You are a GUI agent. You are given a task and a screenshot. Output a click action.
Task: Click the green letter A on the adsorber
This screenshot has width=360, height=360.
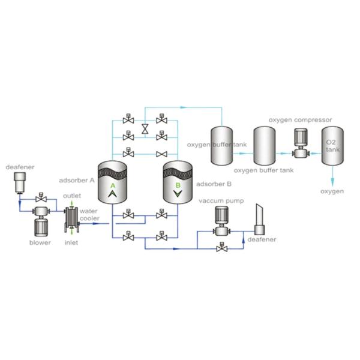[113, 186]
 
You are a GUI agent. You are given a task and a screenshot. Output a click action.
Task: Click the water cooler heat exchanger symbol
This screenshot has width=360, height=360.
[71, 217]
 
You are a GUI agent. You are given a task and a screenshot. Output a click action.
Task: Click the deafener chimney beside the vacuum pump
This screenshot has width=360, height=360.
[260, 219]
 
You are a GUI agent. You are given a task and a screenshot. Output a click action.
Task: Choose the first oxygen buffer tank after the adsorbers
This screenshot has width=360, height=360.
[224, 145]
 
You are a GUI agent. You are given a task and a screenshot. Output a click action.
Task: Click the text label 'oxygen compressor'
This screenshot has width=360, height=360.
[300, 119]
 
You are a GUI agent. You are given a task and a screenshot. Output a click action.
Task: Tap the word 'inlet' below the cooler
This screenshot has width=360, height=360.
[72, 242]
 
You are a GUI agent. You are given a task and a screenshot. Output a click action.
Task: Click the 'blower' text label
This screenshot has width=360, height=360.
[41, 242]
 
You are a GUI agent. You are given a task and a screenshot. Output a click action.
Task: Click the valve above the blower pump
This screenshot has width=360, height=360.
[41, 197]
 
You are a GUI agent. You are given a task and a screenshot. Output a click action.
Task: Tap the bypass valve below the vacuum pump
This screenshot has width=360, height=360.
[222, 246]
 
